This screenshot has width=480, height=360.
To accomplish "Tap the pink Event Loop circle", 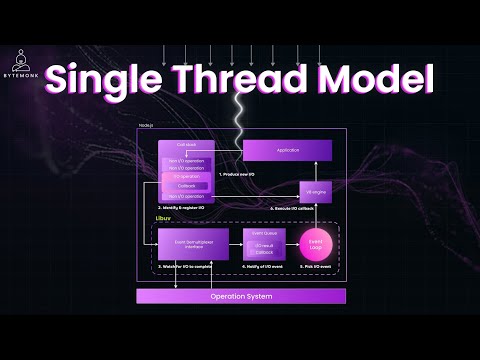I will tap(315, 243).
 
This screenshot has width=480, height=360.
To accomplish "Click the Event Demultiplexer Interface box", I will tap(186, 243).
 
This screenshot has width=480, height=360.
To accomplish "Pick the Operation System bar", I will tap(240, 296).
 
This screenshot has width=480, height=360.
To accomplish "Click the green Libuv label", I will tap(163, 217).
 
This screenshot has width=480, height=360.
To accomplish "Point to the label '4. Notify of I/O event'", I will tap(263, 268).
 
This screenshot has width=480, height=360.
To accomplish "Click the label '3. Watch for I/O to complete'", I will tap(187, 268).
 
